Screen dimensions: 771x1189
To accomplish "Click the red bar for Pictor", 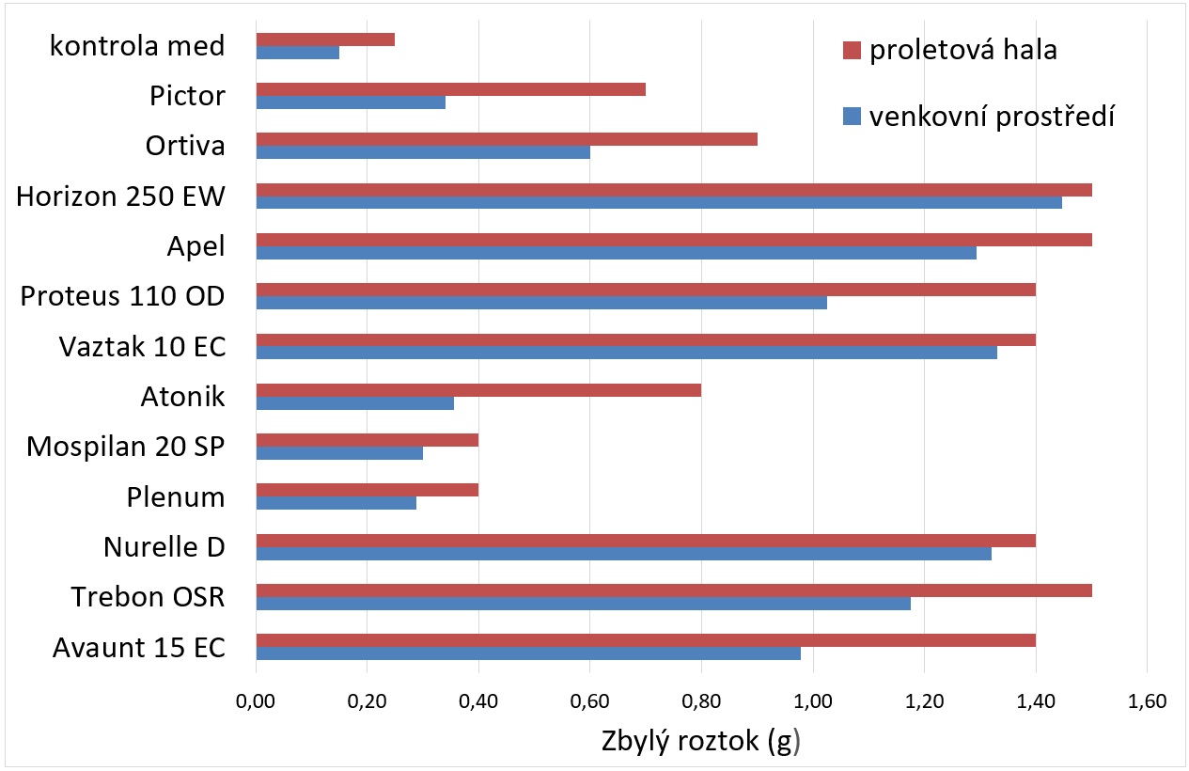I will (x=450, y=89).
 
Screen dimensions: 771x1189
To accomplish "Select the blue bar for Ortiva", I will (x=423, y=152).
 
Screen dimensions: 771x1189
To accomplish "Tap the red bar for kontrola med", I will (x=325, y=39).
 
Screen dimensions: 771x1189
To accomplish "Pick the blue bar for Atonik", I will (x=354, y=402).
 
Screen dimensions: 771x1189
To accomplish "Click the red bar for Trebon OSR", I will (x=674, y=590).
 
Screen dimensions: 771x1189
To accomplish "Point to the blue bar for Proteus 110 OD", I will (x=541, y=303).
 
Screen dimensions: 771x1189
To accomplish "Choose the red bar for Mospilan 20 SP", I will (x=368, y=440).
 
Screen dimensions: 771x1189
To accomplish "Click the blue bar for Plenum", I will (x=336, y=503).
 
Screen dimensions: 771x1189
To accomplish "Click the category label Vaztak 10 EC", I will (x=142, y=346).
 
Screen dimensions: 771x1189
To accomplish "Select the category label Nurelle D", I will (x=164, y=546).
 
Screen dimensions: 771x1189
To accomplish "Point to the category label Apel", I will (x=196, y=246).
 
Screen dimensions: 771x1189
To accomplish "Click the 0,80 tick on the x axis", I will (x=701, y=700).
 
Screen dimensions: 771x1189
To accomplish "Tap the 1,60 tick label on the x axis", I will (x=1146, y=700).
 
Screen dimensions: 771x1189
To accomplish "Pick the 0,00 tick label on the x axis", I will (x=256, y=700).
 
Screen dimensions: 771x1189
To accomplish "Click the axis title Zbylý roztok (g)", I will (x=700, y=741).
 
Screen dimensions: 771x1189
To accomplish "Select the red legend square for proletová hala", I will (x=852, y=50).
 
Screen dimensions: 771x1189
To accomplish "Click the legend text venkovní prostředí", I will (x=992, y=116).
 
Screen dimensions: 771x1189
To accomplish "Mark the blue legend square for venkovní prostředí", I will (x=852, y=116).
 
